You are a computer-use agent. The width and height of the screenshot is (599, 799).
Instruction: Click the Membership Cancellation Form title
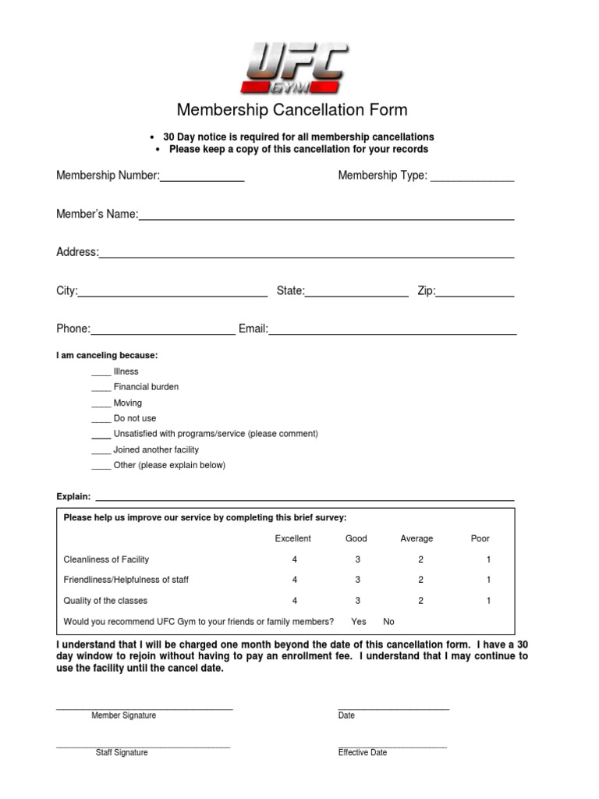tap(292, 111)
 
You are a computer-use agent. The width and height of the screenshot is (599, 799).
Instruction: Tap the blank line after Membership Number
tap(202, 179)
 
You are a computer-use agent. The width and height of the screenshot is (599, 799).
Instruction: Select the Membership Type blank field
tap(472, 179)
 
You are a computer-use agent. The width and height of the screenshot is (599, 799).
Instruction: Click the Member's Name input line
tap(326, 218)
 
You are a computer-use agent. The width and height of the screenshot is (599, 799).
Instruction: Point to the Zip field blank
tap(475, 294)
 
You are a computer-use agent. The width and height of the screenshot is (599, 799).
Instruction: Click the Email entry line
tap(392, 332)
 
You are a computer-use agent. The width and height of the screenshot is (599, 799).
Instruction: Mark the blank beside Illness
tap(101, 373)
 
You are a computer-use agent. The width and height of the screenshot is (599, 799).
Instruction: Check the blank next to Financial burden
tap(101, 389)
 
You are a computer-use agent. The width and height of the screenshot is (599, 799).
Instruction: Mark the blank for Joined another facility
tap(101, 451)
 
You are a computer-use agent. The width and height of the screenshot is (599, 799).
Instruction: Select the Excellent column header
tap(292, 538)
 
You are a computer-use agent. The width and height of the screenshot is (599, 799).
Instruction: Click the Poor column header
tap(480, 538)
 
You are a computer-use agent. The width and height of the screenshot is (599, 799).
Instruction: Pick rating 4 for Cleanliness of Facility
tap(295, 559)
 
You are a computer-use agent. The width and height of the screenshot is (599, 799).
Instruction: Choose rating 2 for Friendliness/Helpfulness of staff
tap(420, 580)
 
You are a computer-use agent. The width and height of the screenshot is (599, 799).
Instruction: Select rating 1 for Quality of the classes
tap(488, 601)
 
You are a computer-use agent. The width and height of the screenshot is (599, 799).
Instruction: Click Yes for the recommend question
tap(359, 622)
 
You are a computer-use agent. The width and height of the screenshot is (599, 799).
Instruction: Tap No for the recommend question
tap(389, 622)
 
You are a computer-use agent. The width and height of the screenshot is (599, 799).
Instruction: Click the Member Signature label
tap(123, 716)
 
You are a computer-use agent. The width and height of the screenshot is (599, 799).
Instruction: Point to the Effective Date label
tap(362, 753)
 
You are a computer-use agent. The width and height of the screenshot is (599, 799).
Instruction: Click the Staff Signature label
tap(122, 753)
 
